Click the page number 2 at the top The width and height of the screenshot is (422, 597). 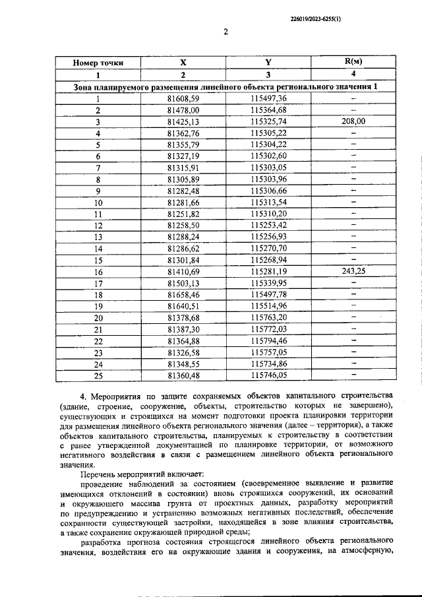[226, 33]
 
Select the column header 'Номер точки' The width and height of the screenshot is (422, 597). [98, 63]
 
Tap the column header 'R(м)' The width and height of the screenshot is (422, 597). [353, 61]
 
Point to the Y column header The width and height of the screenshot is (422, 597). [268, 63]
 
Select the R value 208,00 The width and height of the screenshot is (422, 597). [353, 121]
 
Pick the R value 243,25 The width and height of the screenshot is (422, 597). [353, 270]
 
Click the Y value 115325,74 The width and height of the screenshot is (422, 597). [268, 122]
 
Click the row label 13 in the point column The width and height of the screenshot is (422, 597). [98, 236]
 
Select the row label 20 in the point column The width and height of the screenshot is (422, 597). [98, 317]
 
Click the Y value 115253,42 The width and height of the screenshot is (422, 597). [268, 225]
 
